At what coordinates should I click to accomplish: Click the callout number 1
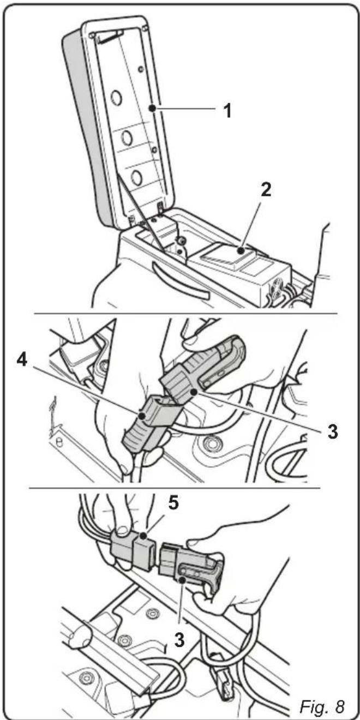227,111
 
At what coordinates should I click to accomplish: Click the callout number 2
266,190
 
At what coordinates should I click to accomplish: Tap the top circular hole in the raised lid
116,97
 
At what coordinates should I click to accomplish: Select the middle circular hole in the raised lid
127,139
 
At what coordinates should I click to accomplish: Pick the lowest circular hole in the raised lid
136,177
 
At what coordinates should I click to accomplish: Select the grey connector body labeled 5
134,543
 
